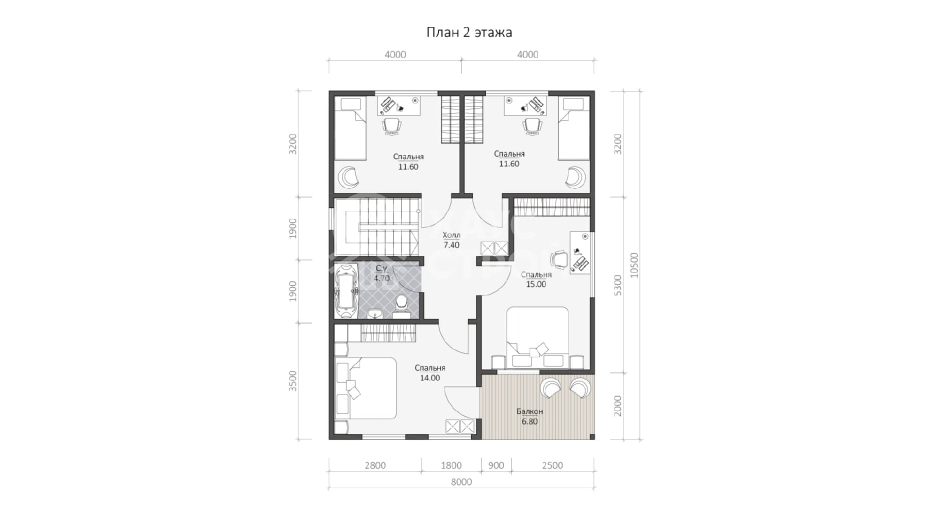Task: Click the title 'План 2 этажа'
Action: pos(469,32)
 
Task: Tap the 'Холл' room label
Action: pos(452,235)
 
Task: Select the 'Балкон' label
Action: pos(529,411)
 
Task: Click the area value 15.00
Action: pos(536,284)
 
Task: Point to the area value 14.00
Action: pos(429,378)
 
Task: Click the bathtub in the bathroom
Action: pos(346,291)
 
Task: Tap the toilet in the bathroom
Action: pos(401,305)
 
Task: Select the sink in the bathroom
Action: pos(375,313)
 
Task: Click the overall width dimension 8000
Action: pos(461,482)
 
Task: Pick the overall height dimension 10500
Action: pos(634,265)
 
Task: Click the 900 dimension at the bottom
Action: pos(496,465)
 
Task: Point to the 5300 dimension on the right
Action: pos(618,285)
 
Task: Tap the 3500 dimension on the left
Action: pos(293,381)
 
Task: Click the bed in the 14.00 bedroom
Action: pos(366,388)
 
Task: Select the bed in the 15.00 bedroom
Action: pos(537,338)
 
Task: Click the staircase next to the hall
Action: pos(376,227)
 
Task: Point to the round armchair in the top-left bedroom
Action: pos(349,177)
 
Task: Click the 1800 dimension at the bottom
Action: pos(451,465)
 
